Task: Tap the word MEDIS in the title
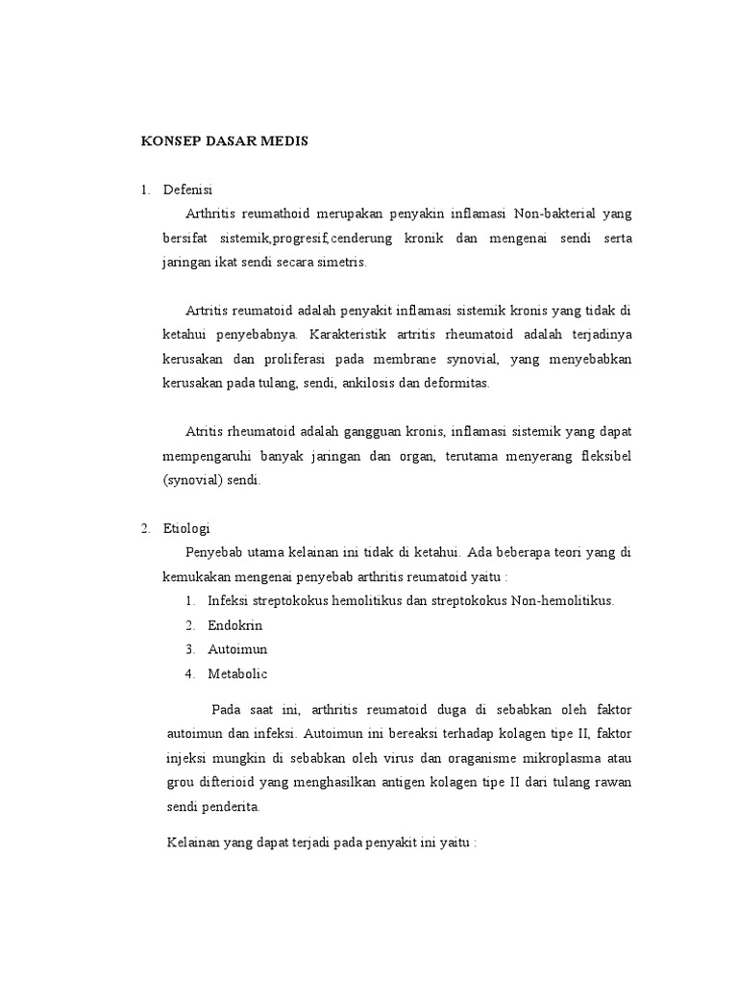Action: click(x=283, y=140)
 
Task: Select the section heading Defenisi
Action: click(x=188, y=189)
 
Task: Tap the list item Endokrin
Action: click(x=234, y=624)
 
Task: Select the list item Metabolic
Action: click(x=238, y=673)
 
